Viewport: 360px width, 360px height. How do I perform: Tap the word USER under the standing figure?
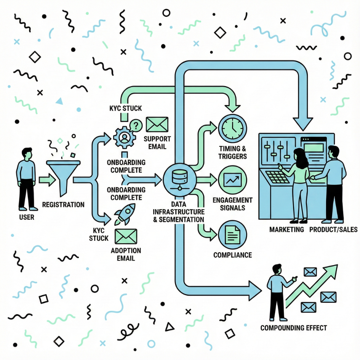(26, 218)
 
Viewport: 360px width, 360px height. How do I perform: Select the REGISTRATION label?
(63, 205)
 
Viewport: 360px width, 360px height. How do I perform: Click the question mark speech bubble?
(136, 125)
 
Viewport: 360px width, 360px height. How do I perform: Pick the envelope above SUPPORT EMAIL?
(157, 125)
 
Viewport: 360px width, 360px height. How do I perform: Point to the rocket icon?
(125, 214)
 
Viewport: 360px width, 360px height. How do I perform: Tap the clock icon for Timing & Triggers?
(232, 128)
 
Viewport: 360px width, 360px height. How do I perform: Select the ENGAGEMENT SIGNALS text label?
(232, 204)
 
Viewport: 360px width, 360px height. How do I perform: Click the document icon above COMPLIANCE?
(232, 235)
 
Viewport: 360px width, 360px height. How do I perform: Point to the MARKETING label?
(286, 229)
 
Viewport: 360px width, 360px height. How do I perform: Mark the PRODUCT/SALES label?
(333, 229)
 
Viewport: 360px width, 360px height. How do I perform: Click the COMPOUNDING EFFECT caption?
(293, 328)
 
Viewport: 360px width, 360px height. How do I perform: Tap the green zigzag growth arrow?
(312, 286)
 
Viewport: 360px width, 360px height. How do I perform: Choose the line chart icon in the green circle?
(232, 179)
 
